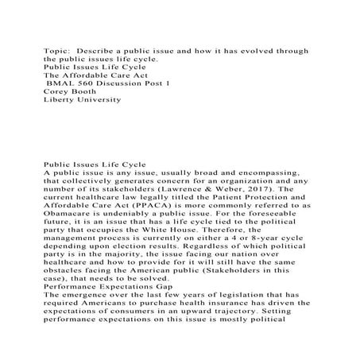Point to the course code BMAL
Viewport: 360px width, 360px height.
61,80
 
